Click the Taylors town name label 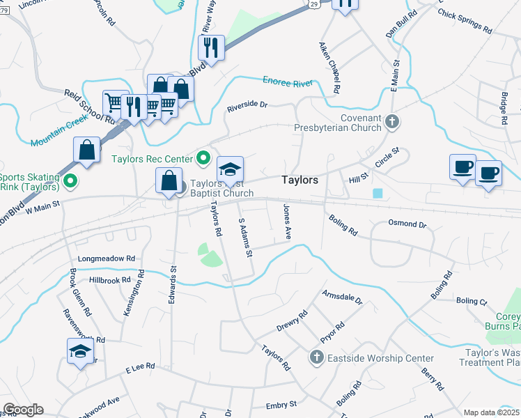(x=300, y=180)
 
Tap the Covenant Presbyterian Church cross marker (x=392, y=122)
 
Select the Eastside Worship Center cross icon (x=316, y=358)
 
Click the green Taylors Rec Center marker (x=203, y=157)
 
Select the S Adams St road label (x=244, y=237)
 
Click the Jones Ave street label (x=286, y=222)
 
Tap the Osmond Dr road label (x=407, y=224)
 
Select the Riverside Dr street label (x=247, y=106)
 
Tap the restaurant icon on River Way (x=210, y=47)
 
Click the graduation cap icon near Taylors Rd (x=230, y=169)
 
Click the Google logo (x=23, y=410)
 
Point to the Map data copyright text (x=492, y=412)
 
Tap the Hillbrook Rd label (x=110, y=280)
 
